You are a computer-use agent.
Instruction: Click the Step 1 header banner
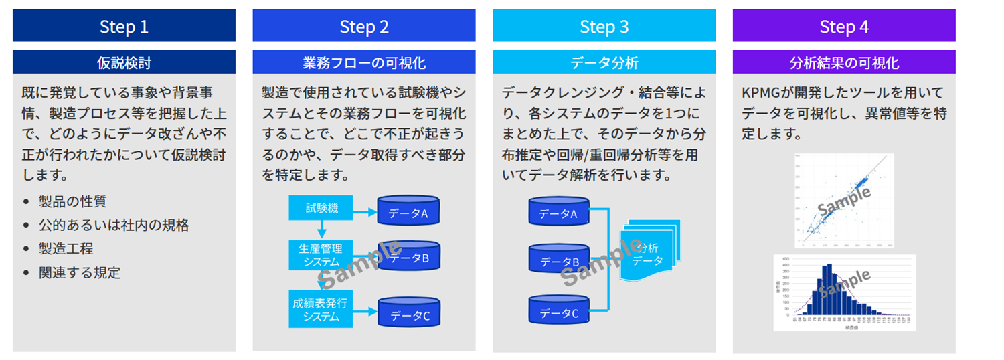click(124, 26)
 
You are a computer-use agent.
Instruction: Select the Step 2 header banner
click(364, 26)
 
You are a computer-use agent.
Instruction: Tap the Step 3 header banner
click(604, 26)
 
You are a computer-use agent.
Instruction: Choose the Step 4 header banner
click(844, 26)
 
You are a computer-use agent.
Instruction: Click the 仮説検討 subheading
click(124, 63)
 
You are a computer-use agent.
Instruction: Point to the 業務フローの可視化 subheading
click(364, 63)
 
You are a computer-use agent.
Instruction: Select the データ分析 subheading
click(604, 63)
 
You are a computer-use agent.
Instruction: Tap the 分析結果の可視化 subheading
click(844, 63)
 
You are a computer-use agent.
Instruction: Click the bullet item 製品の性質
click(72, 201)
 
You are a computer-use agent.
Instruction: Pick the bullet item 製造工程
click(66, 249)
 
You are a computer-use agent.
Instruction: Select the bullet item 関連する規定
click(79, 272)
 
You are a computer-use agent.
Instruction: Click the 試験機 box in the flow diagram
click(321, 208)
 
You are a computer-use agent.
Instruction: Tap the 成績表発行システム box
click(321, 309)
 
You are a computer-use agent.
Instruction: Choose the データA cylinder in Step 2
click(408, 211)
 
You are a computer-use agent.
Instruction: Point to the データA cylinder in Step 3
click(558, 211)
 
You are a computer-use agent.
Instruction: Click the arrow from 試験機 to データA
click(365, 211)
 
